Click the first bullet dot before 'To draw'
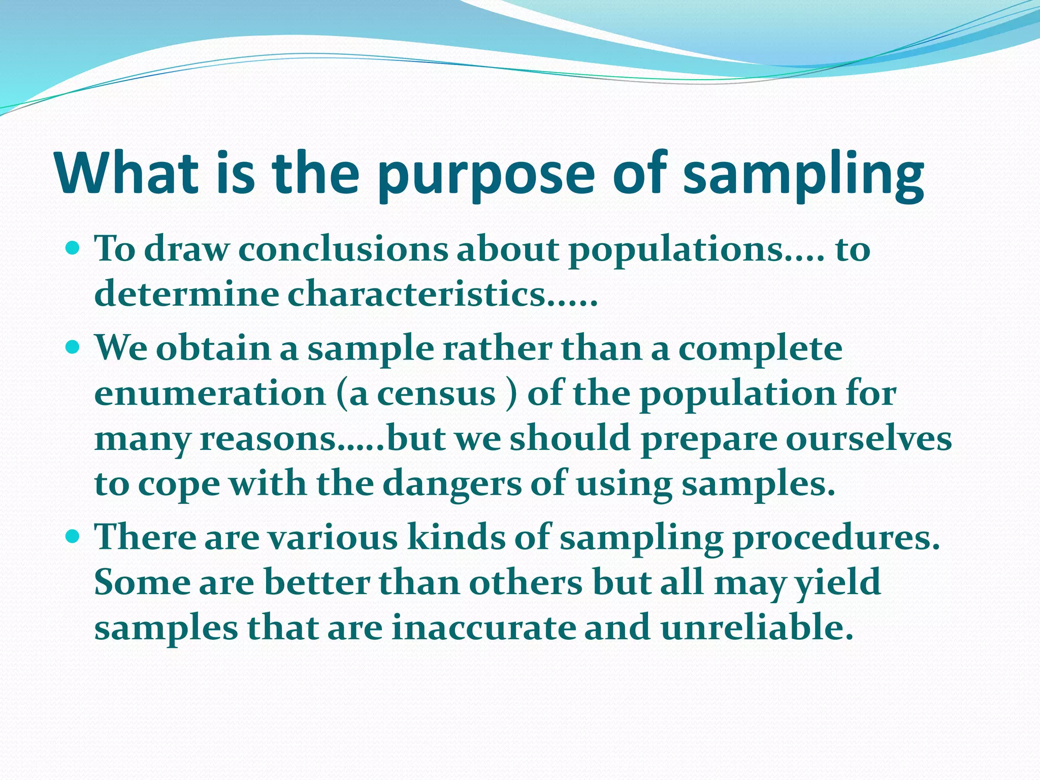point(73,248)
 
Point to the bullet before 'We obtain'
point(73,348)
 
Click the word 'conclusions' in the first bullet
point(343,249)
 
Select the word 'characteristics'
point(416,295)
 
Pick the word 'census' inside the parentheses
point(436,394)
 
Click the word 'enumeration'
point(210,394)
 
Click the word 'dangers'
point(451,484)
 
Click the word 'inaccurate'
point(484,628)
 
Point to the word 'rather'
point(497,349)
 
